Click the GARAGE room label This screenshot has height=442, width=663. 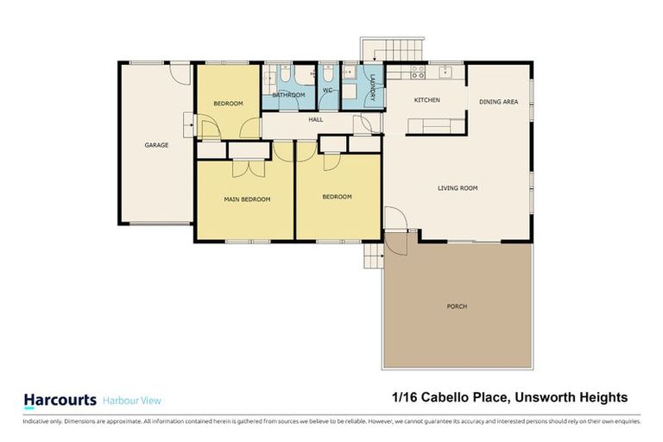(156, 145)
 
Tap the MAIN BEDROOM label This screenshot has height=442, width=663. (247, 199)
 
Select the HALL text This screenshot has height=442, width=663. (315, 120)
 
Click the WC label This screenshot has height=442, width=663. (328, 90)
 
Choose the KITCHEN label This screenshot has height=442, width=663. (426, 100)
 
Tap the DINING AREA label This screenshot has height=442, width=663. (498, 102)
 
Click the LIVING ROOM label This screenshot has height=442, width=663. (457, 188)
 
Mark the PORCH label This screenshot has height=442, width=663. (458, 306)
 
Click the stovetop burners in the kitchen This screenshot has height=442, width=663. (417, 73)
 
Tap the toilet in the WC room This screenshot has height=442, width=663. (328, 76)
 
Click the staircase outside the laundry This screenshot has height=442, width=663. (393, 49)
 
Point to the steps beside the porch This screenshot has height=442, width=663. (373, 256)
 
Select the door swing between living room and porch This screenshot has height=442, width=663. (394, 221)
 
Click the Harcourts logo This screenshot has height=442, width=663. (58, 400)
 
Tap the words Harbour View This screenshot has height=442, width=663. (131, 401)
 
